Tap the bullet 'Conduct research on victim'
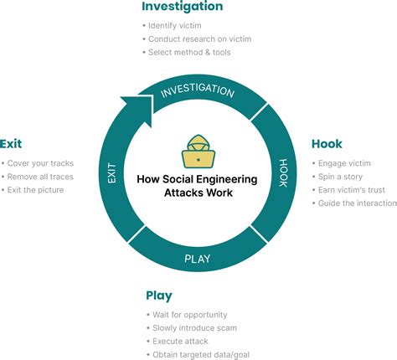[199, 39]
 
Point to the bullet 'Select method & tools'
[189, 52]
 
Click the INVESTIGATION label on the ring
[197, 90]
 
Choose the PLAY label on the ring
[198, 258]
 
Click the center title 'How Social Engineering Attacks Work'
[198, 185]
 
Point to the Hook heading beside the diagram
[327, 144]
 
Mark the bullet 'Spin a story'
[340, 177]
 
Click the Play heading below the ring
[159, 296]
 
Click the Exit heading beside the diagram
[11, 144]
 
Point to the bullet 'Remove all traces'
[39, 177]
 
